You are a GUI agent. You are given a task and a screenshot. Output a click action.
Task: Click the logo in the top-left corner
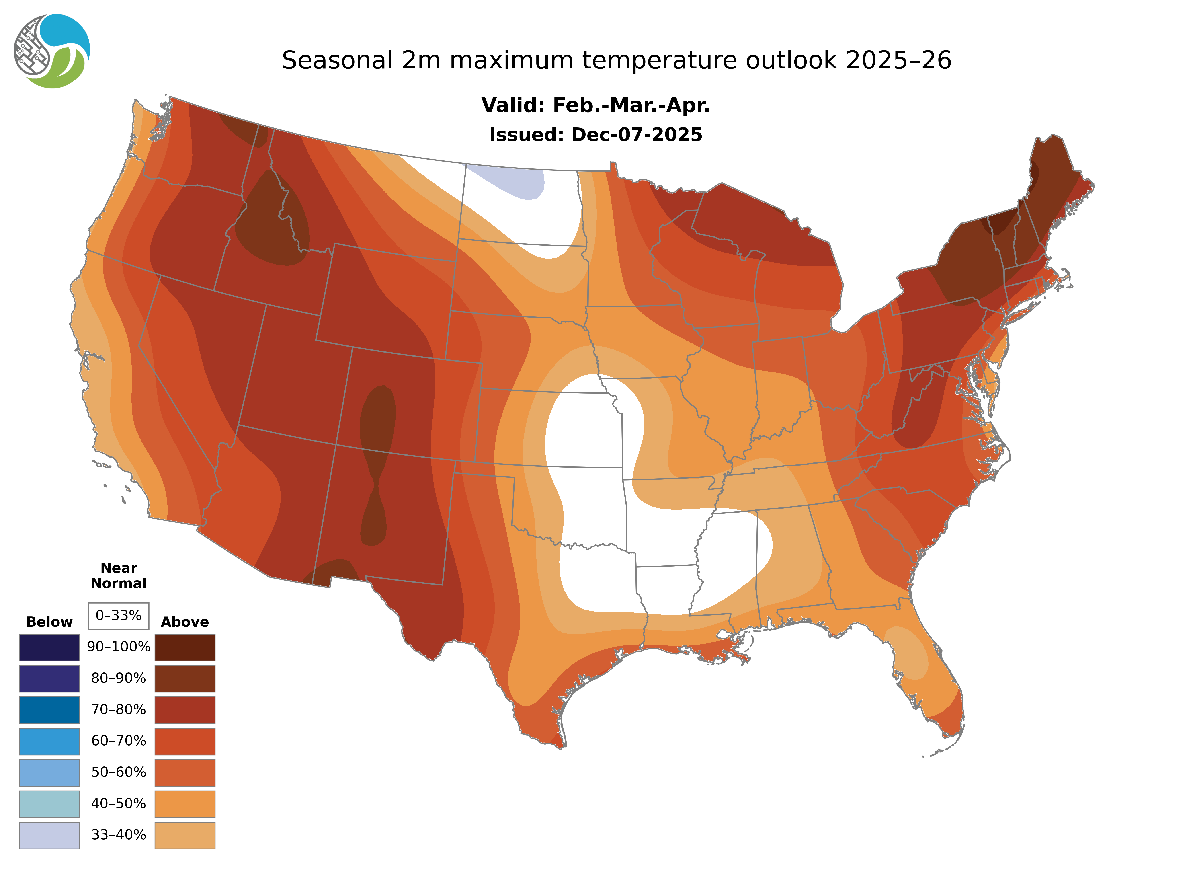tap(51, 51)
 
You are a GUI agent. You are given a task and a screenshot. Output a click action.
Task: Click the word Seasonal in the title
tap(337, 60)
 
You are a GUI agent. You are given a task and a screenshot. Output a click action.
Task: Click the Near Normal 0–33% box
tap(119, 616)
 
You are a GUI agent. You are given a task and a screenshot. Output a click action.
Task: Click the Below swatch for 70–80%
tap(49, 710)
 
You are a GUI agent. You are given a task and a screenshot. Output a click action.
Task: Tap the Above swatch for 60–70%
tap(185, 741)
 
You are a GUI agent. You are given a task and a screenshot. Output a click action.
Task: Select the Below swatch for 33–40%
tap(49, 835)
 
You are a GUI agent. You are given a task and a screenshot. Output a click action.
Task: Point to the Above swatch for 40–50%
tap(185, 803)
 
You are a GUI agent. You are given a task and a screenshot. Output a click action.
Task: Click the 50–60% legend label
tap(119, 772)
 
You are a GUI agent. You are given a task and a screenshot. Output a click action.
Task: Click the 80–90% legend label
tap(119, 678)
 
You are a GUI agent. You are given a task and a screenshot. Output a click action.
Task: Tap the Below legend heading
tap(49, 622)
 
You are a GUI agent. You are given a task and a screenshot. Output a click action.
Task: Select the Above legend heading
tap(185, 622)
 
